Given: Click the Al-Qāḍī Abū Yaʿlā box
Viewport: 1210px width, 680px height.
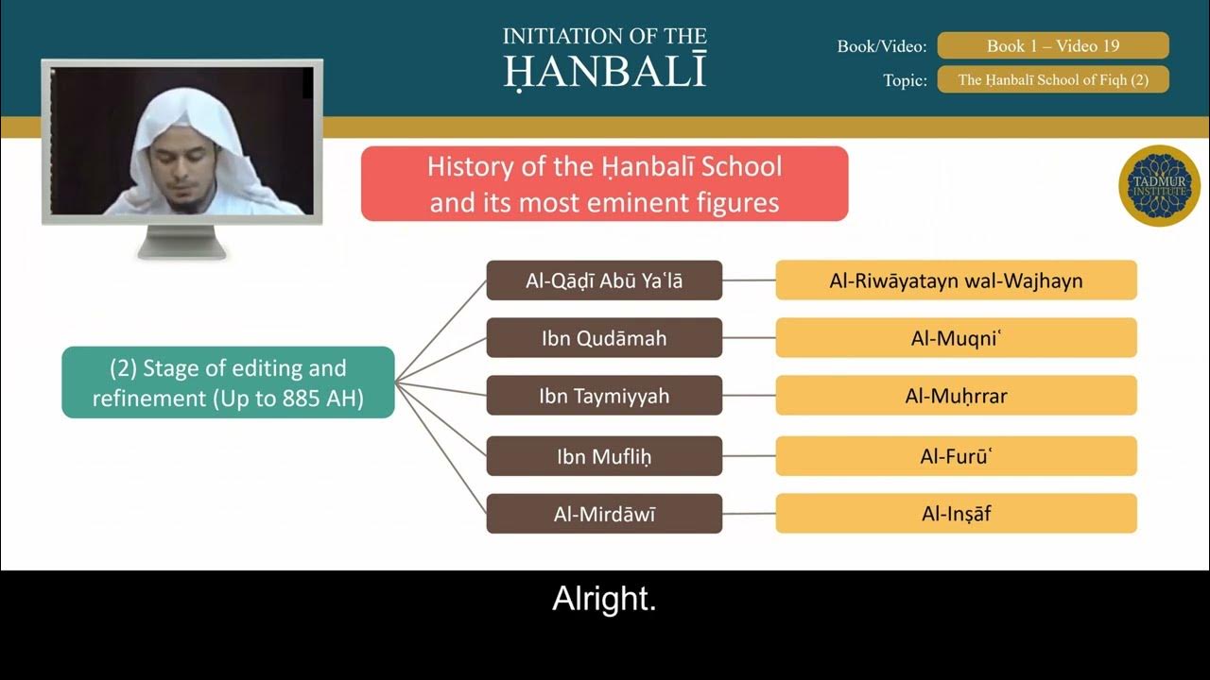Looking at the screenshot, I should pos(604,280).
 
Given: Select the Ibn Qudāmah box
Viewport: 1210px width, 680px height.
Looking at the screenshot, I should pos(604,338).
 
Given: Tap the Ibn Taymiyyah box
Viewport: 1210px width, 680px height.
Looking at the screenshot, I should pos(604,396).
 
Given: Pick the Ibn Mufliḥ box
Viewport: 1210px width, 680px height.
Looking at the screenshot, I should pos(604,456).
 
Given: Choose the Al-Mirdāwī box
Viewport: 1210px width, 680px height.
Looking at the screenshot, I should pos(604,514).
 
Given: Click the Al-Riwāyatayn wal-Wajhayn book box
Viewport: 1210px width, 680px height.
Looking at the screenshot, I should pos(956,280).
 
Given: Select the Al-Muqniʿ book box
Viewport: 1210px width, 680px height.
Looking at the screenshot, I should pos(956,338).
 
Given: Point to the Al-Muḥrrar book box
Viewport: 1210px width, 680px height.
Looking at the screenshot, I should pos(956,396).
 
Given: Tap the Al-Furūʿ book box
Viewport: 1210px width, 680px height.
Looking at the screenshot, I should pos(956,456).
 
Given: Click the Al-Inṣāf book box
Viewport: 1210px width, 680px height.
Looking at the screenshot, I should pos(956,514).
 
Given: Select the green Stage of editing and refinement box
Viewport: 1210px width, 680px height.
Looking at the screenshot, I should pos(228,382).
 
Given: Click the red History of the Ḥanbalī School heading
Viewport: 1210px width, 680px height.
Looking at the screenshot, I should pos(604,184).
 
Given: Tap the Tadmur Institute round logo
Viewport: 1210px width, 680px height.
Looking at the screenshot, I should pos(1159,186).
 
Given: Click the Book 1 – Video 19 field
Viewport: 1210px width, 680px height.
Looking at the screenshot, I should pos(1052,45).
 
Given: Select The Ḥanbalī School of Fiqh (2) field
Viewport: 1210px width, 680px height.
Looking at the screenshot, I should pos(1052,80).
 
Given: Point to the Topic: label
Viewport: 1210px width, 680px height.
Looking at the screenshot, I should pos(905,80).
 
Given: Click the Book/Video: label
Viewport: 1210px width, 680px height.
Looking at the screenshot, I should pos(881,46).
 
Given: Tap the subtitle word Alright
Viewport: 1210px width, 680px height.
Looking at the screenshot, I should pos(604,600).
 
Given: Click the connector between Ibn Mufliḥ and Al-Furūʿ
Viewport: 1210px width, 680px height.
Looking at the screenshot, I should pos(749,456).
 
